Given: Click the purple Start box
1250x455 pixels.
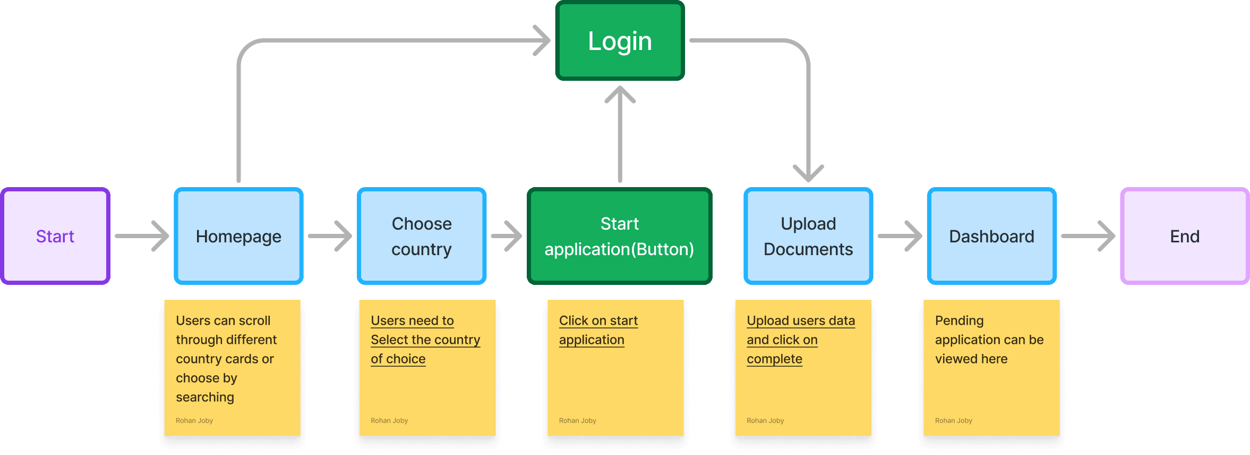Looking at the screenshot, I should pyautogui.click(x=55, y=236).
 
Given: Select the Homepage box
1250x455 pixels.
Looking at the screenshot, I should pyautogui.click(x=238, y=236).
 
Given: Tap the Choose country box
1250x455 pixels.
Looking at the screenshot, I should pyautogui.click(x=422, y=236).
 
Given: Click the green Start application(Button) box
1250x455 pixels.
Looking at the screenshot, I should pyautogui.click(x=619, y=236).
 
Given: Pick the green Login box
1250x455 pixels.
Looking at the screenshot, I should pyautogui.click(x=620, y=41).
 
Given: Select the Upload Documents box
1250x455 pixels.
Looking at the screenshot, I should pyautogui.click(x=808, y=236).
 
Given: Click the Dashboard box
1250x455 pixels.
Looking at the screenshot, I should pyautogui.click(x=991, y=236).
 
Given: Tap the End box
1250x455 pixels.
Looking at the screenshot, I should pyautogui.click(x=1185, y=236).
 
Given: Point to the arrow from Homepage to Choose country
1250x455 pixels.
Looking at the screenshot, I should pyautogui.click(x=330, y=236).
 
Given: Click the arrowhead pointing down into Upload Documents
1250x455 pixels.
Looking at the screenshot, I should pyautogui.click(x=808, y=173).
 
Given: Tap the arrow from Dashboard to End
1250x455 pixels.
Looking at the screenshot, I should pyautogui.click(x=1088, y=236).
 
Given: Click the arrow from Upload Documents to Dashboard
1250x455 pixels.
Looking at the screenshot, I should pyautogui.click(x=900, y=236).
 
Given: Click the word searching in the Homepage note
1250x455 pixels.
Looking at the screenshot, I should pyautogui.click(x=205, y=397).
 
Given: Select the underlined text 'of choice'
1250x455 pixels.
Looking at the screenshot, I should pyautogui.click(x=398, y=359).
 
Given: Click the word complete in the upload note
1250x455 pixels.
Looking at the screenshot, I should pyautogui.click(x=774, y=359).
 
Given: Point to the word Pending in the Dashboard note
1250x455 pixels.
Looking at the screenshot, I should pyautogui.click(x=959, y=321).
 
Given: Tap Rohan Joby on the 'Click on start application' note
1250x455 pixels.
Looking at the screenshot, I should pyautogui.click(x=577, y=420).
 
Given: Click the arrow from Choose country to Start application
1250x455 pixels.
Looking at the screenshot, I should pyautogui.click(x=507, y=236).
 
